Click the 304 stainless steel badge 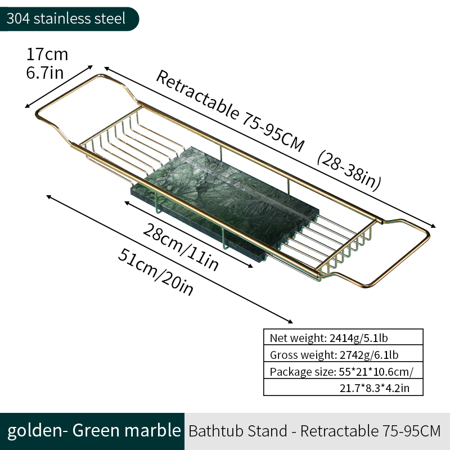[x=69, y=19]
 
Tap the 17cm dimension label [x=47, y=54]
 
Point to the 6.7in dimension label [x=45, y=73]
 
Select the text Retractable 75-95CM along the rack [x=229, y=110]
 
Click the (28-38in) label [x=349, y=170]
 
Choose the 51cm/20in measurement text [x=155, y=272]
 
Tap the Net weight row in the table [x=343, y=337]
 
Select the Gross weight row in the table [x=343, y=354]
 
